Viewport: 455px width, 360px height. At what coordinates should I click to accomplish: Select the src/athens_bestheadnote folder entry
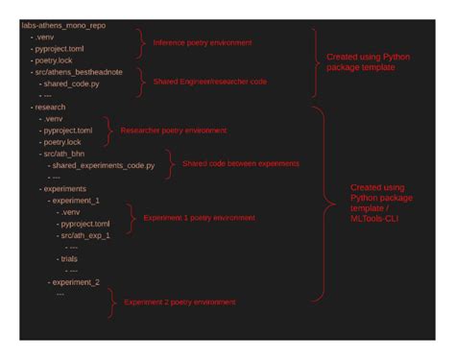coord(84,71)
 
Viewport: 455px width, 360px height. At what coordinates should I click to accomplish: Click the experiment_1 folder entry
coord(79,201)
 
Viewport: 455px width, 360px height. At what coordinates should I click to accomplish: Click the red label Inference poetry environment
coord(202,42)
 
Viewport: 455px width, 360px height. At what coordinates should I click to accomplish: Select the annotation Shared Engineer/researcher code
coord(209,82)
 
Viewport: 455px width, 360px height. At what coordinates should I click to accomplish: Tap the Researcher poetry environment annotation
coord(174,130)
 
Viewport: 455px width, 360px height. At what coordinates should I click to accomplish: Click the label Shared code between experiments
coord(240,163)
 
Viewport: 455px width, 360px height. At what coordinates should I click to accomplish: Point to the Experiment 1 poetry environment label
coord(200,218)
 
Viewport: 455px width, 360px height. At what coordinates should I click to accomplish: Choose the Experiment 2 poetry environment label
coord(180,301)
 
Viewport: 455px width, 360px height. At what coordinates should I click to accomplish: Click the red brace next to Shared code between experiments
coord(170,163)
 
